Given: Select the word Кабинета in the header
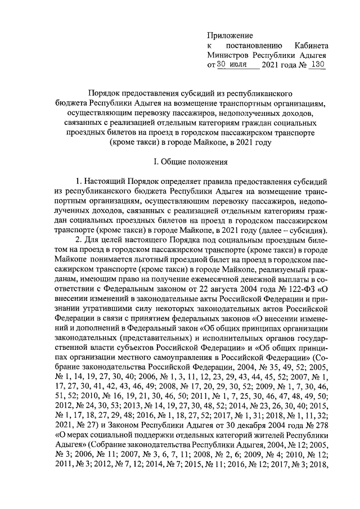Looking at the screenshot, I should click(312, 45).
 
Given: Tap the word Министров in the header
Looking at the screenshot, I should click(228, 55).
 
